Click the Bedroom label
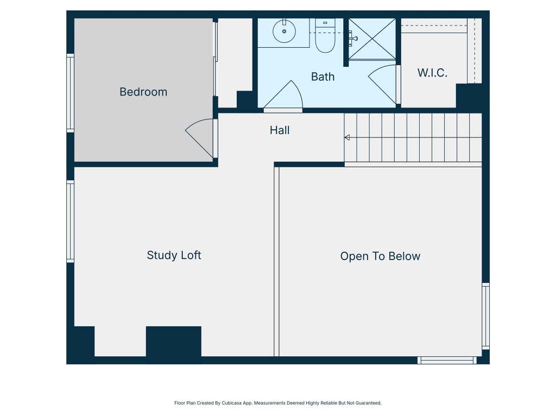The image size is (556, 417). (x=143, y=92)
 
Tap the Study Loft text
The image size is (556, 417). (x=174, y=255)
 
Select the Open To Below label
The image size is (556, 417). (x=380, y=256)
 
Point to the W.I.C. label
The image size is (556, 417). (x=432, y=73)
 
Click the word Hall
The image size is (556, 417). (x=280, y=130)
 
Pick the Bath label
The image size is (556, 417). (x=323, y=77)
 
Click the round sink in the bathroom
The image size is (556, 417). (x=284, y=31)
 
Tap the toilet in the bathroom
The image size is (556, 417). (x=325, y=35)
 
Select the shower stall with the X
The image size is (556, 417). (x=372, y=39)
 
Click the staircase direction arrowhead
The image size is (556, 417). (x=347, y=137)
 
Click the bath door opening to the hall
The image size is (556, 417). (x=283, y=95)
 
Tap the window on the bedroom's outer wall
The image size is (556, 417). (x=70, y=93)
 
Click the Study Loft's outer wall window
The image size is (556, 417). (x=70, y=222)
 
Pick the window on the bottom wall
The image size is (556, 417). (x=447, y=361)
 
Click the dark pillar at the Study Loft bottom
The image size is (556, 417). (x=174, y=342)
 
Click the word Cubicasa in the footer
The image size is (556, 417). (x=231, y=403)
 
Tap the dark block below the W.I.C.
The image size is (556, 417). (x=469, y=96)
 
